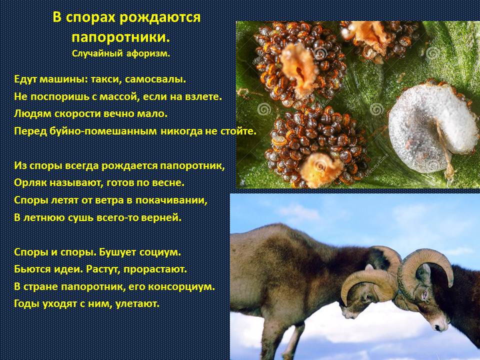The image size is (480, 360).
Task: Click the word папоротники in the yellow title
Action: point(120,36)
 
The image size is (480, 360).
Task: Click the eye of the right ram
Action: point(424,295)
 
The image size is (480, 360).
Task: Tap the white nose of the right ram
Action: point(441,325)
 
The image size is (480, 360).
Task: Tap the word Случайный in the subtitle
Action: point(97,53)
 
